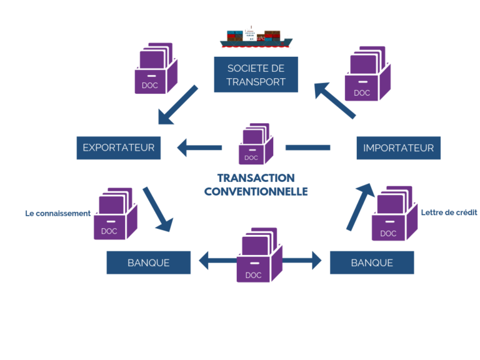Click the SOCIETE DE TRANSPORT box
coord(256,74)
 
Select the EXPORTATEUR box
coord(118,148)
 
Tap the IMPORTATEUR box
coord(398,148)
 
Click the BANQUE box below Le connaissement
coord(148,262)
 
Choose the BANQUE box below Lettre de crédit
coord(372,262)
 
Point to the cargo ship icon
coord(256,38)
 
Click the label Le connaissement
coord(58,214)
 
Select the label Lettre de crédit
coord(449,212)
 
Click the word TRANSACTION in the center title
coord(256,178)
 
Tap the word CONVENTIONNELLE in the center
coord(256,192)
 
